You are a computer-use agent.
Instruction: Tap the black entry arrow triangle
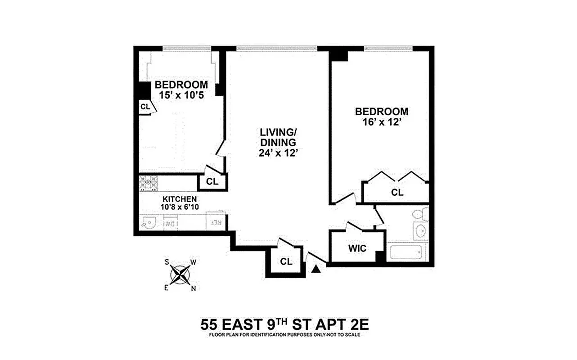coord(316,269)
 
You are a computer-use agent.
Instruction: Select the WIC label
coord(357,248)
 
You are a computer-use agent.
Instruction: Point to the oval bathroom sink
coord(421,232)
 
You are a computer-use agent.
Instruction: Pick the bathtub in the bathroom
coord(406,252)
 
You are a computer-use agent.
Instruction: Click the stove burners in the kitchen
coord(148,183)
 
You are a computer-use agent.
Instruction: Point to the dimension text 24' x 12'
coord(279,153)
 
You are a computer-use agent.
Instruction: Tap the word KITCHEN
coord(179,199)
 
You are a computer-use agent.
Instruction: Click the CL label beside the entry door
coord(286,261)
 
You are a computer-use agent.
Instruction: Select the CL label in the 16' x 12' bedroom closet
coord(397,193)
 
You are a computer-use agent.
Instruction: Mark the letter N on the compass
coord(193,289)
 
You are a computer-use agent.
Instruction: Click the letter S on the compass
coord(167,261)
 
